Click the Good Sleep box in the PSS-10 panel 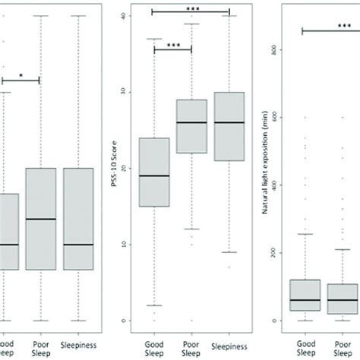tap(155, 172)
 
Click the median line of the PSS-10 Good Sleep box tap(155, 175)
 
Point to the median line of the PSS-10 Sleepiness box tap(229, 122)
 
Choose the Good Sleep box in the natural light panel tap(305, 295)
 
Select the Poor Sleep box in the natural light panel tap(342, 298)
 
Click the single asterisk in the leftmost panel tap(21, 75)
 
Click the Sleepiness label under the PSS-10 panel tap(229, 342)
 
